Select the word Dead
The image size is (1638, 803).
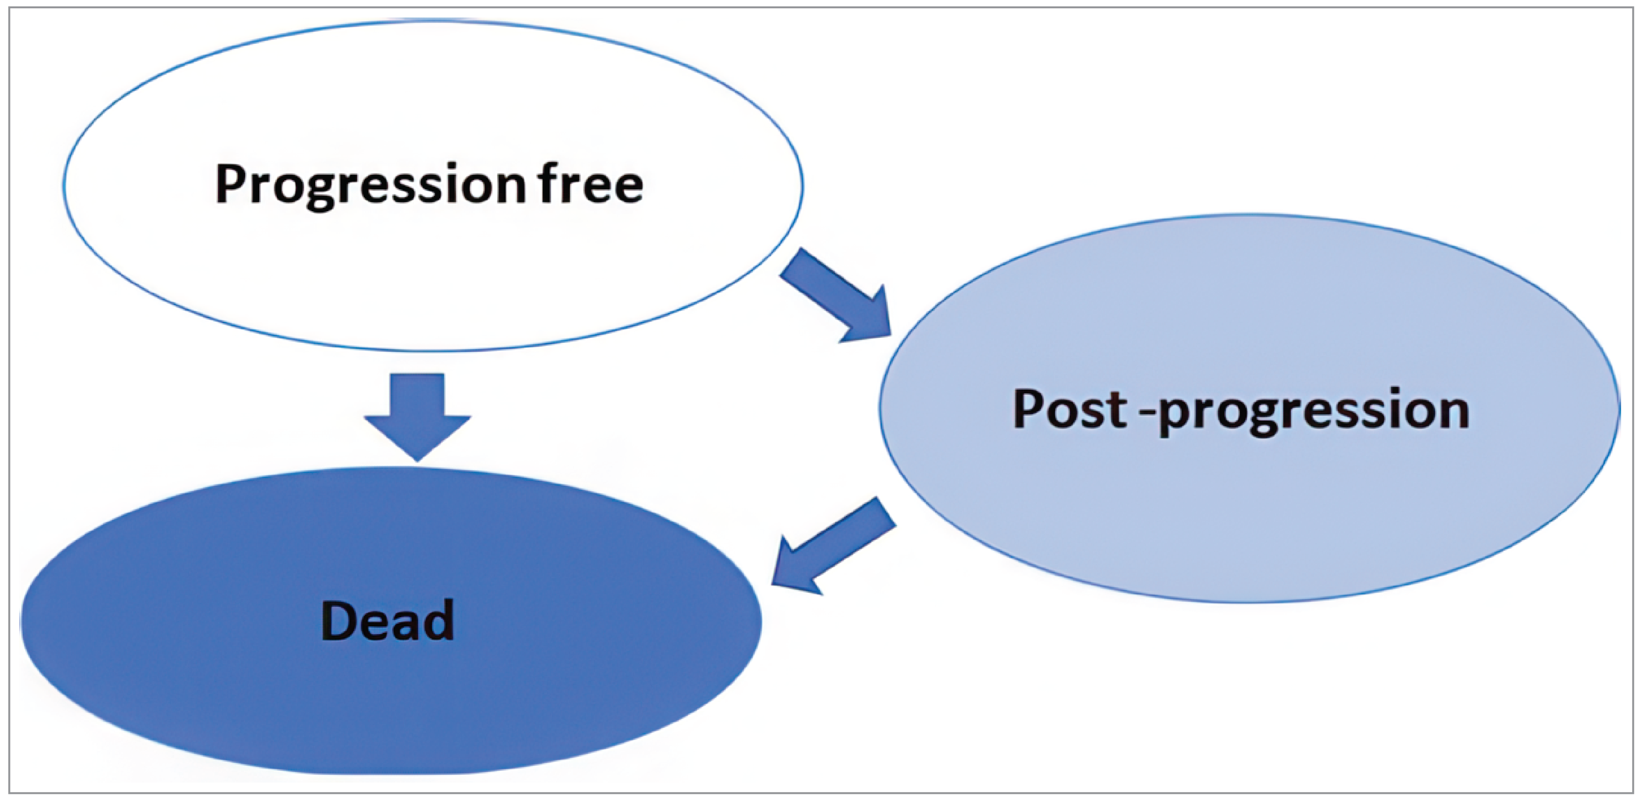tap(388, 620)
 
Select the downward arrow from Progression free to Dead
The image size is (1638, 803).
tap(417, 414)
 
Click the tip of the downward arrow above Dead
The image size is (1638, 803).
tap(417, 457)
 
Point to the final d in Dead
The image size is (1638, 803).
tap(439, 620)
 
